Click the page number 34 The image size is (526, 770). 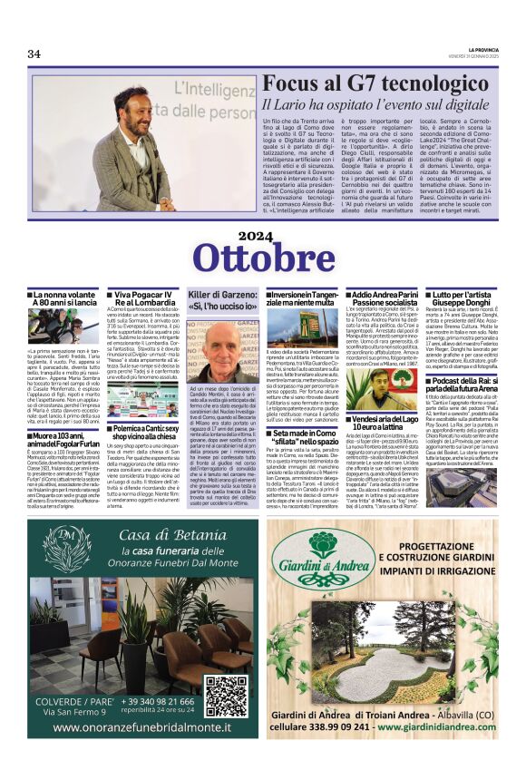[34, 54]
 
